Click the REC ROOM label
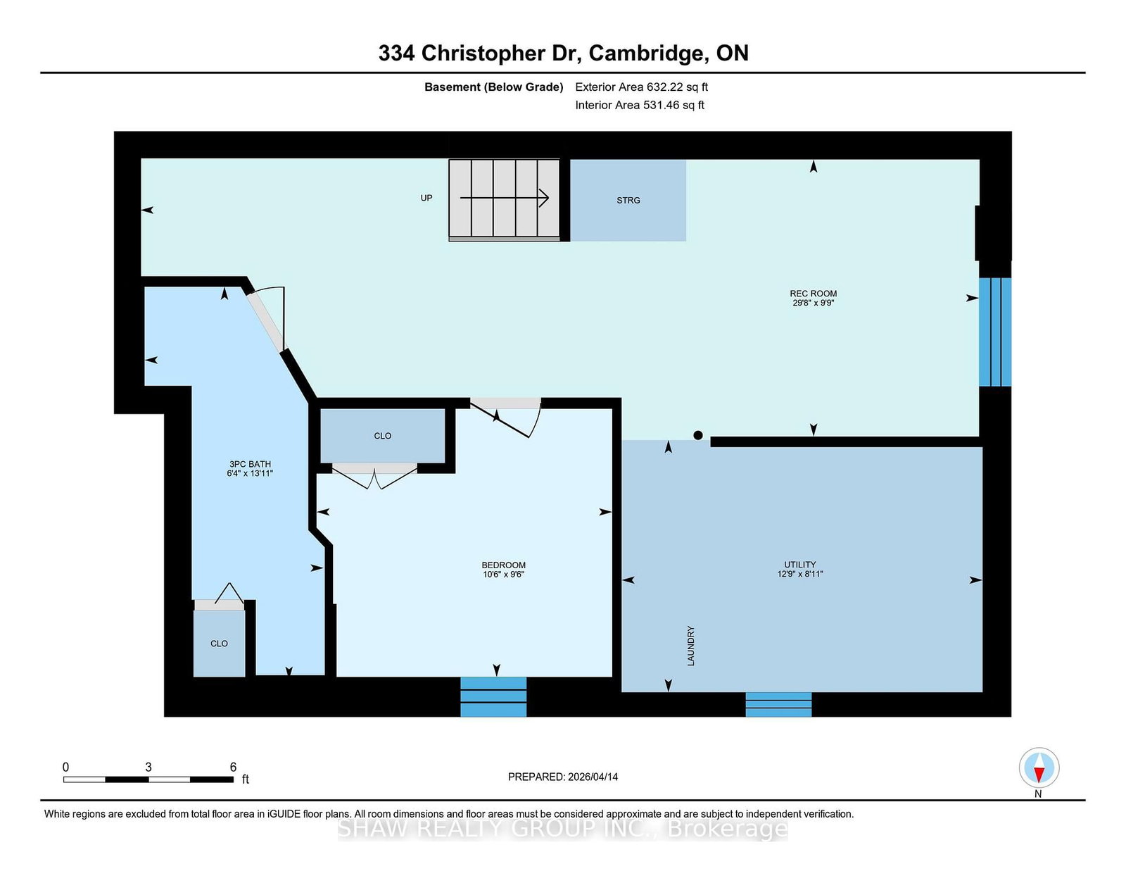[x=813, y=294]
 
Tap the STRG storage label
[x=628, y=200]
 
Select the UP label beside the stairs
[x=426, y=198]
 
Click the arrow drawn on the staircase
[x=504, y=198]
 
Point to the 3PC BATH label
[x=250, y=464]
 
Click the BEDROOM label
[x=503, y=565]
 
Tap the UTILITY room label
[x=799, y=564]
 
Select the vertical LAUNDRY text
[x=690, y=646]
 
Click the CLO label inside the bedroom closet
[x=382, y=435]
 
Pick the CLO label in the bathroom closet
[x=219, y=644]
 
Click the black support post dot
[x=698, y=435]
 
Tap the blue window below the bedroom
[x=493, y=697]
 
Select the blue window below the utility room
[x=778, y=705]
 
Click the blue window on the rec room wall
[x=995, y=332]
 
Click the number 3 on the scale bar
[x=148, y=767]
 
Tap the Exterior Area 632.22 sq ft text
[x=641, y=87]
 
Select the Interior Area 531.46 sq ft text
[x=640, y=105]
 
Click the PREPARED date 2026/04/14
[x=593, y=777]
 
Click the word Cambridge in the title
[x=649, y=54]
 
